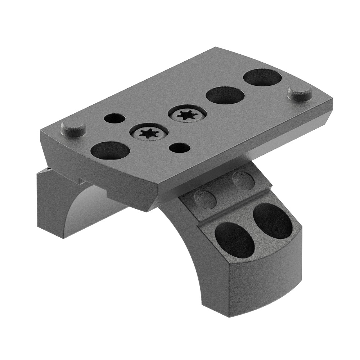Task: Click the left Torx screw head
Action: pos(149,133)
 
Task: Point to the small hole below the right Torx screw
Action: pos(179,148)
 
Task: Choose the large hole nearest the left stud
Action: pos(110,150)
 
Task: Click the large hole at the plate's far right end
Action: pos(262,77)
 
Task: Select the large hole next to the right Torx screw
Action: pos(225,95)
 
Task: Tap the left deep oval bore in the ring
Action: pos(235,239)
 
